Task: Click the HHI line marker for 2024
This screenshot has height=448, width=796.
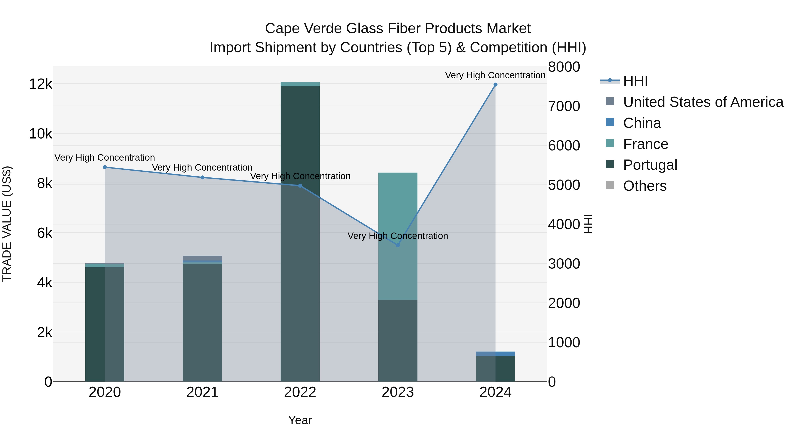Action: click(x=495, y=85)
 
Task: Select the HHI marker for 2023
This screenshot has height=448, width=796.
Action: click(x=398, y=245)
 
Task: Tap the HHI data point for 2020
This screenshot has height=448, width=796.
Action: click(x=105, y=167)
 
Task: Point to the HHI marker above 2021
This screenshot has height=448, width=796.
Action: click(x=202, y=177)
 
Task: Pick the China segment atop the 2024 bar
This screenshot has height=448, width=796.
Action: click(x=495, y=354)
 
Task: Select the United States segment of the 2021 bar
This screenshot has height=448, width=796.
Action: click(x=202, y=258)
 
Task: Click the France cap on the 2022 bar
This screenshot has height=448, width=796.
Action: click(x=300, y=84)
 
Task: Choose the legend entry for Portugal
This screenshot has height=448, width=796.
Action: click(x=650, y=165)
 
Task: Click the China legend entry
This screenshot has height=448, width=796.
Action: click(x=642, y=123)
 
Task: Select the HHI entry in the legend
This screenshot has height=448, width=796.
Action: click(x=635, y=81)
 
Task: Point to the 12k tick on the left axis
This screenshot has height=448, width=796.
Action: click(x=40, y=84)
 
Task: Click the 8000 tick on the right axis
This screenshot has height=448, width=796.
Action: click(x=564, y=67)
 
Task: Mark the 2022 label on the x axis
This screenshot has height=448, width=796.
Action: click(x=300, y=392)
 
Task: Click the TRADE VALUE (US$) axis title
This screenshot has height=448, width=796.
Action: click(x=7, y=224)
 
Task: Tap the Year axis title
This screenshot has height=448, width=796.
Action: click(x=300, y=420)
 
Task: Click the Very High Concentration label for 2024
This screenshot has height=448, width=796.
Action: click(x=495, y=75)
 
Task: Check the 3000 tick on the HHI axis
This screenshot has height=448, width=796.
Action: click(x=564, y=264)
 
